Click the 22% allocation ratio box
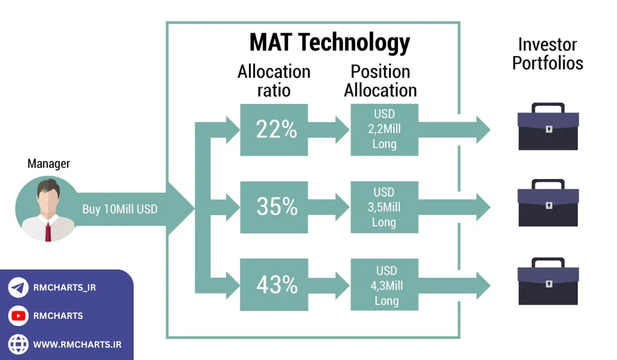point(274,130)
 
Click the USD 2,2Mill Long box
point(384,130)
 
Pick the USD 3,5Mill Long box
point(384,207)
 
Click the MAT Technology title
point(330,42)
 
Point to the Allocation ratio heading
point(274,81)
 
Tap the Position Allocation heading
point(380,81)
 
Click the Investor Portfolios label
point(548,53)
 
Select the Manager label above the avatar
point(48,164)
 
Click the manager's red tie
point(48,231)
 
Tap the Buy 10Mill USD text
point(120,209)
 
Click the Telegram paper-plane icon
point(19,287)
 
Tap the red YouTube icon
point(19,316)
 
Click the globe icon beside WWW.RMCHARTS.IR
point(19,344)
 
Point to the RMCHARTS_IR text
point(64,287)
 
